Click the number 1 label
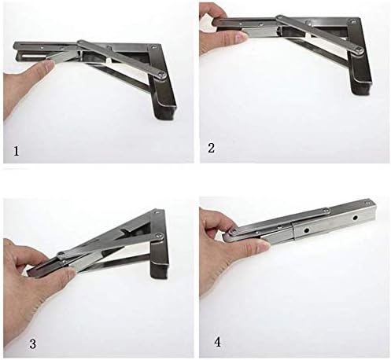(17, 151)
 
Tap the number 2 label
(211, 148)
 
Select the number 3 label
(32, 343)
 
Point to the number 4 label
(217, 342)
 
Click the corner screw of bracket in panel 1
(153, 47)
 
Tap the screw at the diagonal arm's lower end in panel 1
(161, 75)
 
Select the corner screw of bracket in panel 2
(354, 21)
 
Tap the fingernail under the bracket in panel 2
(241, 38)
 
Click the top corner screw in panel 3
(157, 212)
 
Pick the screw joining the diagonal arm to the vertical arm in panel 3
(159, 237)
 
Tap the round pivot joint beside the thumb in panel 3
(62, 254)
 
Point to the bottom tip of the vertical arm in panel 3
(159, 277)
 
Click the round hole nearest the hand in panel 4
(306, 231)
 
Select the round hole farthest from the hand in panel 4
(355, 218)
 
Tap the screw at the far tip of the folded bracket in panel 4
(368, 201)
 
